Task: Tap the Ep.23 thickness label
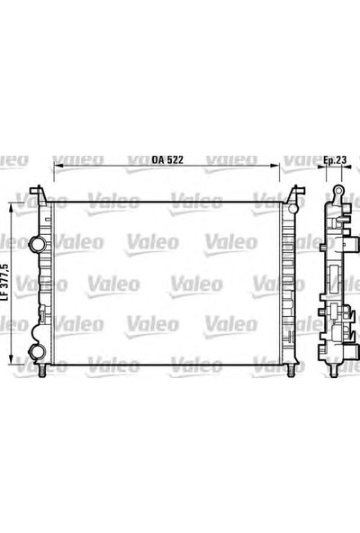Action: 335,159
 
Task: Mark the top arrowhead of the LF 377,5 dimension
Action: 13,204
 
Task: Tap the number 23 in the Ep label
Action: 342,159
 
